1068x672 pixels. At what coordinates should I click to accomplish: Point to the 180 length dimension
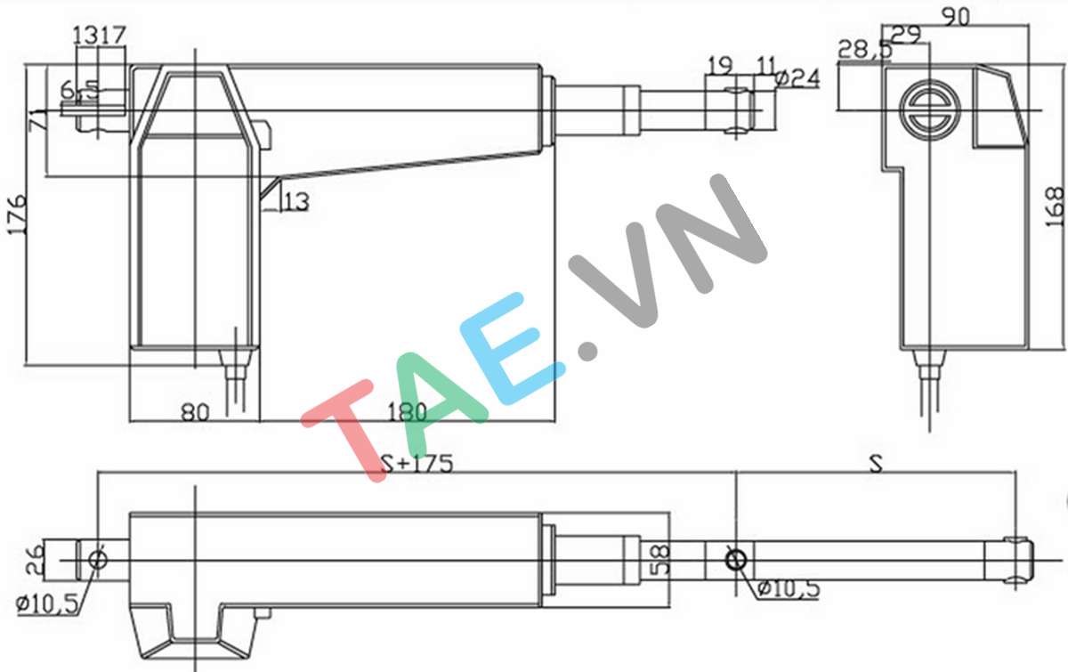407,412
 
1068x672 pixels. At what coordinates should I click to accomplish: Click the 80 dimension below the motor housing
194,412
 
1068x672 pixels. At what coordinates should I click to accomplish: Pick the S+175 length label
417,464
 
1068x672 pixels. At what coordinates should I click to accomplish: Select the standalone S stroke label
877,464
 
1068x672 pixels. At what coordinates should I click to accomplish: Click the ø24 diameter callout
797,77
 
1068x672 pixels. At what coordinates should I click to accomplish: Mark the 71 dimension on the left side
36,118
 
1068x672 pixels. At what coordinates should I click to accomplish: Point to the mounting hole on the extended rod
735,561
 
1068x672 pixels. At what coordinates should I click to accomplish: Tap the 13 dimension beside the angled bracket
297,203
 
